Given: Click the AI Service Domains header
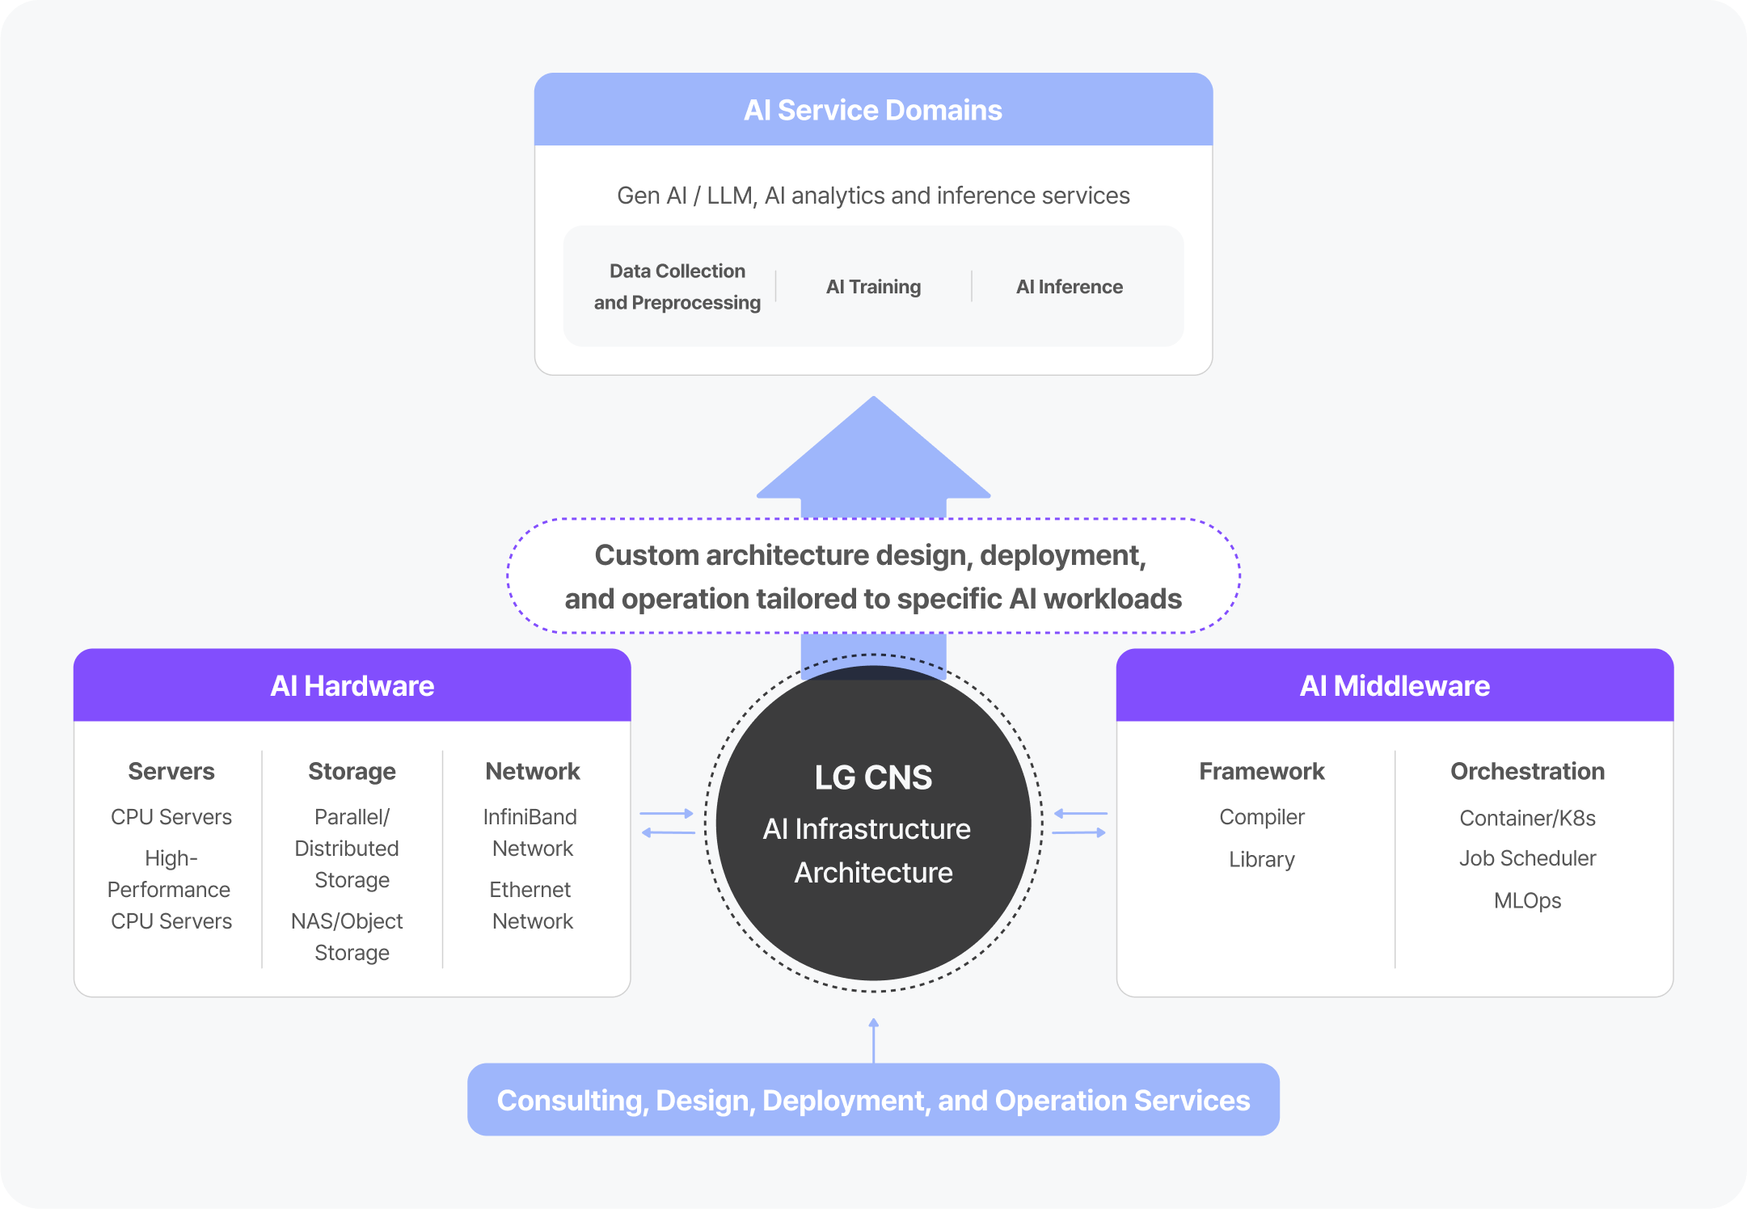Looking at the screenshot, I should point(873,110).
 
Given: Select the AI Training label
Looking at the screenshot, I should point(873,287).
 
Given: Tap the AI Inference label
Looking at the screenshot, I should point(1069,287).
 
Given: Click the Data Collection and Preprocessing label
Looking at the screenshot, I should point(677,287).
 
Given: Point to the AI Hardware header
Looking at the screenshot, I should point(352,686).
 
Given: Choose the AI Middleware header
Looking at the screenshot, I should point(1395,686).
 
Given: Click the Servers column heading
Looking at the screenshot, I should point(171,771).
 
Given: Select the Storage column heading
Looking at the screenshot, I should point(352,771).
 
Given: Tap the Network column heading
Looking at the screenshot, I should point(533,771).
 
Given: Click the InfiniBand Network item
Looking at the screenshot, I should point(531,832).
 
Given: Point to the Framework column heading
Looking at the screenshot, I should point(1261,771).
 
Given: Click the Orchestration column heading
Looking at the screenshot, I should point(1527,771).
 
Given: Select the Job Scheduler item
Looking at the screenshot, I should point(1527,858).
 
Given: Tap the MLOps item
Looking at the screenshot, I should point(1527,900).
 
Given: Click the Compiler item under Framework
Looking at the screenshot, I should point(1261,817).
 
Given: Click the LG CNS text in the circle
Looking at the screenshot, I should point(873,777).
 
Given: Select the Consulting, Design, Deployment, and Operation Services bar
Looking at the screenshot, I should point(873,1100).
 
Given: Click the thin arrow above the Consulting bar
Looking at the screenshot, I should point(874,1040).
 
